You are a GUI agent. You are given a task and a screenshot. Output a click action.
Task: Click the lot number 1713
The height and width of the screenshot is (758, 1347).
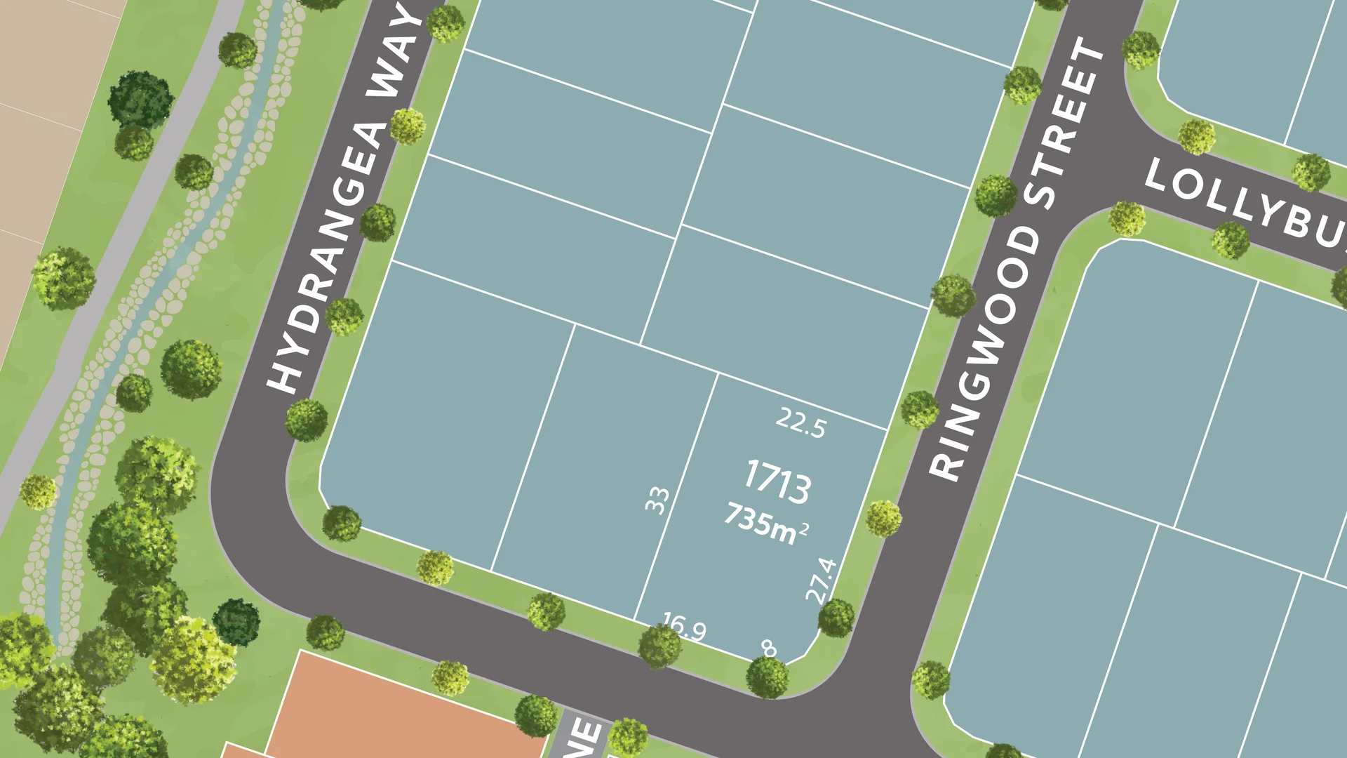coord(777,481)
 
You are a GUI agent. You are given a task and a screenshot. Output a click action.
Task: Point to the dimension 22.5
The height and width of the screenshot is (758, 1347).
coord(800,423)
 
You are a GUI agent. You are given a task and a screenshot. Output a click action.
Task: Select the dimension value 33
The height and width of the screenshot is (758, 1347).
coord(657,500)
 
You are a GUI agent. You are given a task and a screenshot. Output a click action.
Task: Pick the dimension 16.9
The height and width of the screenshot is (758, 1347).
coord(684,626)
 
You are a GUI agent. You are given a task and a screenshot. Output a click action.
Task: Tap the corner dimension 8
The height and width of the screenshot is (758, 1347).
coord(770,649)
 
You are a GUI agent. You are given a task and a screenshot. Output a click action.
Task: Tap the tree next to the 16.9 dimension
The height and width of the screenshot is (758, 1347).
coord(659,646)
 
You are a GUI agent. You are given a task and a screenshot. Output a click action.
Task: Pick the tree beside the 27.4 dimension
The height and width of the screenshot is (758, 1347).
coord(836,618)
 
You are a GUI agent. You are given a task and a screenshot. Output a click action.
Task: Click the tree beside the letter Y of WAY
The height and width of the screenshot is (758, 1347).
coord(445,24)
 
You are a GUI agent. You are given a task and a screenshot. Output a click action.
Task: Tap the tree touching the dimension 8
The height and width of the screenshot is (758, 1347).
coord(767,677)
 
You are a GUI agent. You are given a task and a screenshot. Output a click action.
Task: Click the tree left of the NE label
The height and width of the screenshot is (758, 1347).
coord(536,715)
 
